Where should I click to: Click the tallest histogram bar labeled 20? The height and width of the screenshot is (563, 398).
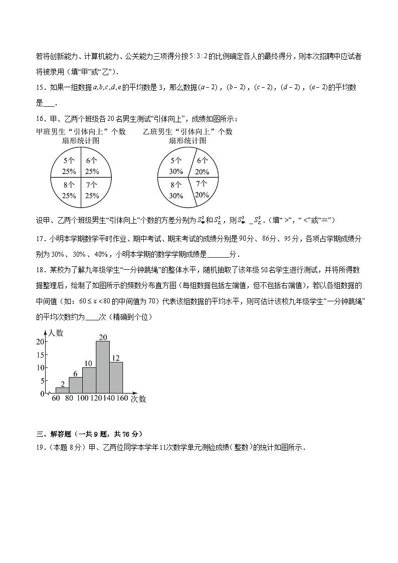103,367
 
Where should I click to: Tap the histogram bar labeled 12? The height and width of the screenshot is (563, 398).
116,377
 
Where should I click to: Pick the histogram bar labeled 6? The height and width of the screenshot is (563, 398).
76,385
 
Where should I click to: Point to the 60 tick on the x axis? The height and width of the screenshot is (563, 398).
56,399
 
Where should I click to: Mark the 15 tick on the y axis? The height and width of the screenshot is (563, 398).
41,354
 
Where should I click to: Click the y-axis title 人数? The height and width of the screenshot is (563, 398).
56,332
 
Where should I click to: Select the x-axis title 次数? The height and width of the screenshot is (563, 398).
138,399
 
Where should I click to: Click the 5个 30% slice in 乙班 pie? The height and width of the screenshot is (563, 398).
175,165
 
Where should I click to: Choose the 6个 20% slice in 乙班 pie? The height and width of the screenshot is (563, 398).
203,165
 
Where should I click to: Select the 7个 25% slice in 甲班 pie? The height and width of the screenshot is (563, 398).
92,190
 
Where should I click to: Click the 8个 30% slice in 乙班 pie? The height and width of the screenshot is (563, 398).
175,190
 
